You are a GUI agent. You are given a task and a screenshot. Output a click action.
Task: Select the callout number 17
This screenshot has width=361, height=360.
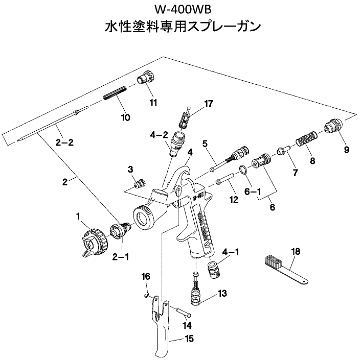(x=208, y=104)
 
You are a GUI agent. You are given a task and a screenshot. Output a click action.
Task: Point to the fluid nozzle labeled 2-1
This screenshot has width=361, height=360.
(x=118, y=231)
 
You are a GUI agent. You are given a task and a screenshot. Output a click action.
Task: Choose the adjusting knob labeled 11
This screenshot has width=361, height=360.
(x=147, y=79)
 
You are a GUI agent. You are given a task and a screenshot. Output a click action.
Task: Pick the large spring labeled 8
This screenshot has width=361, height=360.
(x=306, y=139)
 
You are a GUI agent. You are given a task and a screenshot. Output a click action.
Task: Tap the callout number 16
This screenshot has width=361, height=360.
(x=146, y=276)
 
